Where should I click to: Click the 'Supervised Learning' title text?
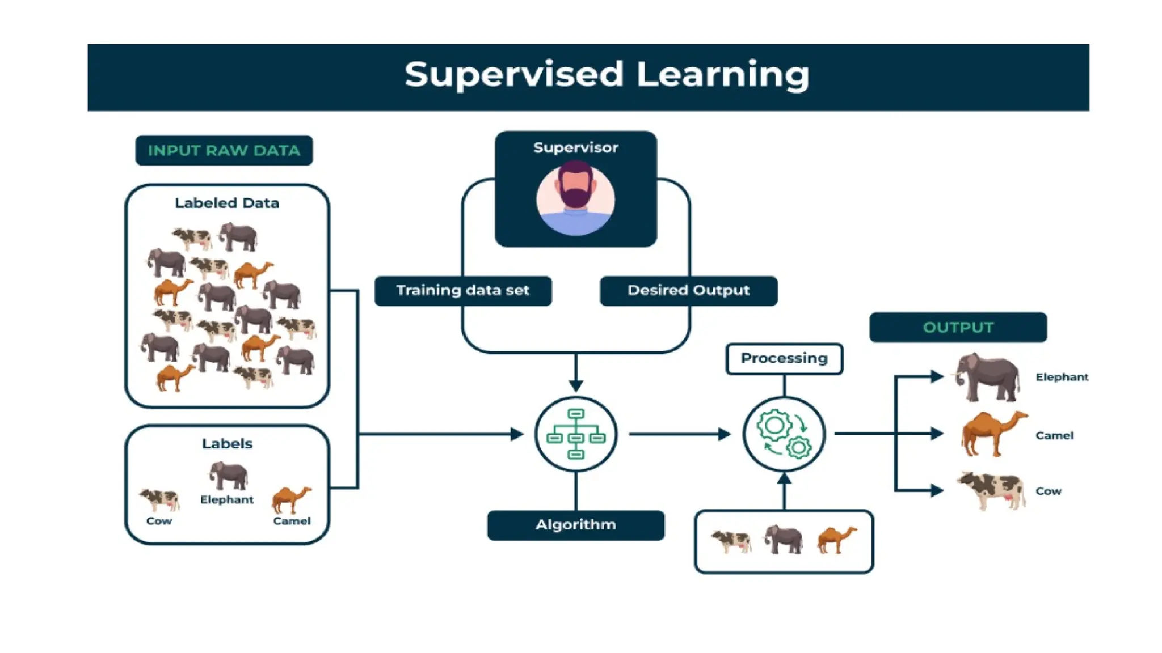tap(607, 74)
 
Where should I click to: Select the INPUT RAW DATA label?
tap(224, 150)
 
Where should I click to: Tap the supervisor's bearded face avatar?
tap(575, 197)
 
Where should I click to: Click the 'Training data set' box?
tap(462, 291)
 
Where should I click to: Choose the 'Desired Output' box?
tap(688, 291)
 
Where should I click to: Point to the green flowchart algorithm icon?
tap(576, 434)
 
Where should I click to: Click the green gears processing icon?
tap(784, 434)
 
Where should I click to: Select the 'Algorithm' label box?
tap(575, 525)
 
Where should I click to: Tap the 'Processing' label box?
tap(784, 359)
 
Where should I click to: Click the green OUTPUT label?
tap(958, 328)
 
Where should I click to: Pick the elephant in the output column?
tap(988, 376)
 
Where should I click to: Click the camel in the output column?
tap(993, 434)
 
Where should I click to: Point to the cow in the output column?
tap(992, 490)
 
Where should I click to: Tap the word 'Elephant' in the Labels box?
tap(227, 499)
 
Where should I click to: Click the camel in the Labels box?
tap(291, 499)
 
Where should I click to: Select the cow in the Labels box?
tap(160, 499)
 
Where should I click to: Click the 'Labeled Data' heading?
tap(227, 203)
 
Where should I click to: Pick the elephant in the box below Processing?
tap(784, 539)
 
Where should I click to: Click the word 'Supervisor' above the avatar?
tap(575, 147)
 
